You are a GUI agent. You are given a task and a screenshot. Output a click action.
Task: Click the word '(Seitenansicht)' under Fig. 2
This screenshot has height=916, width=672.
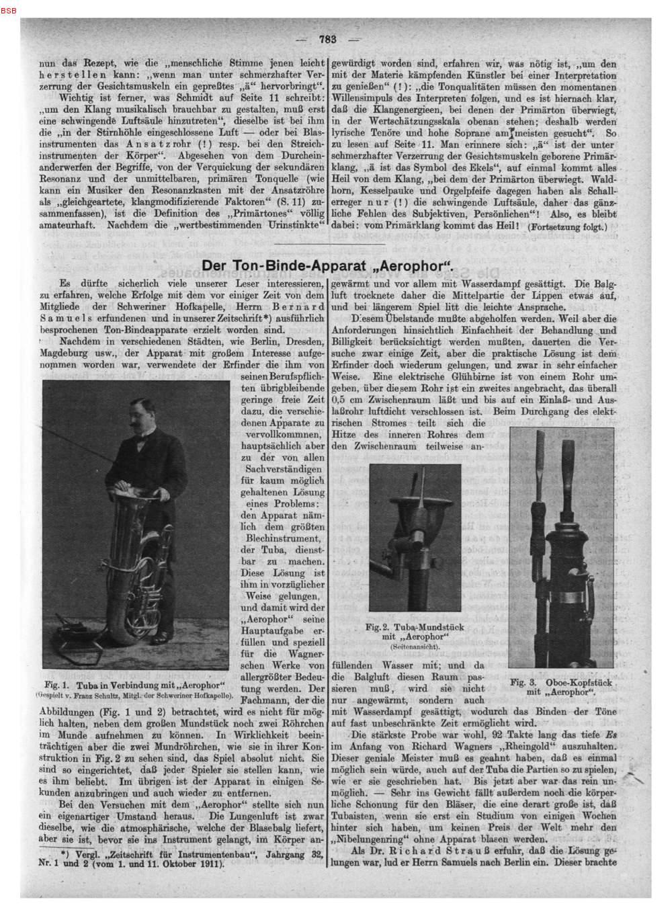tap(415, 646)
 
